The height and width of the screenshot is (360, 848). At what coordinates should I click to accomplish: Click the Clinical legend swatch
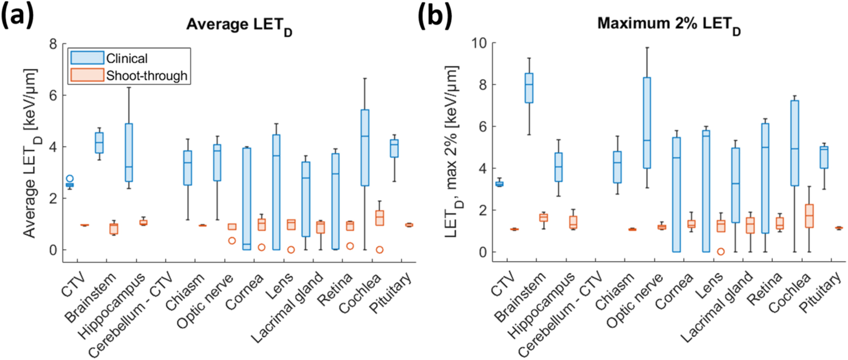(87, 58)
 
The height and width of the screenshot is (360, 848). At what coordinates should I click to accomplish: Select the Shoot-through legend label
(146, 76)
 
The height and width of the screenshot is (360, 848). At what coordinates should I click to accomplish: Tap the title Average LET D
(239, 25)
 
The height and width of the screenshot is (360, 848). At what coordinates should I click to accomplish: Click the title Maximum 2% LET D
(669, 24)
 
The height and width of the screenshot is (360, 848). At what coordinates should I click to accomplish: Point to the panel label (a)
(18, 16)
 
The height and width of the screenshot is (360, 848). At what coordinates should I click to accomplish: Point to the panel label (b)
(434, 16)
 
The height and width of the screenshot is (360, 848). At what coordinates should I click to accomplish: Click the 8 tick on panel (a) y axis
(53, 44)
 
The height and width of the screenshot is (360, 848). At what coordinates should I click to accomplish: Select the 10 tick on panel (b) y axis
(479, 43)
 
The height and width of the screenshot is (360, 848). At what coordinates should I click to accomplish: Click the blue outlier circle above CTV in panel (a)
(70, 179)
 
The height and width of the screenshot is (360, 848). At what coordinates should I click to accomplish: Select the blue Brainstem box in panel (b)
(529, 88)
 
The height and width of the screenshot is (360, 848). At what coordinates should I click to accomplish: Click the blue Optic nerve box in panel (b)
(646, 123)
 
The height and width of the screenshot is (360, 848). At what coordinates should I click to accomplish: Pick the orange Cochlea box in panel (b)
(809, 216)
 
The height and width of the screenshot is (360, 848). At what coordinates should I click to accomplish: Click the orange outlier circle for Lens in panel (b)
(721, 252)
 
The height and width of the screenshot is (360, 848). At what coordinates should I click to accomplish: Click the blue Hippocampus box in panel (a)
(129, 152)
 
